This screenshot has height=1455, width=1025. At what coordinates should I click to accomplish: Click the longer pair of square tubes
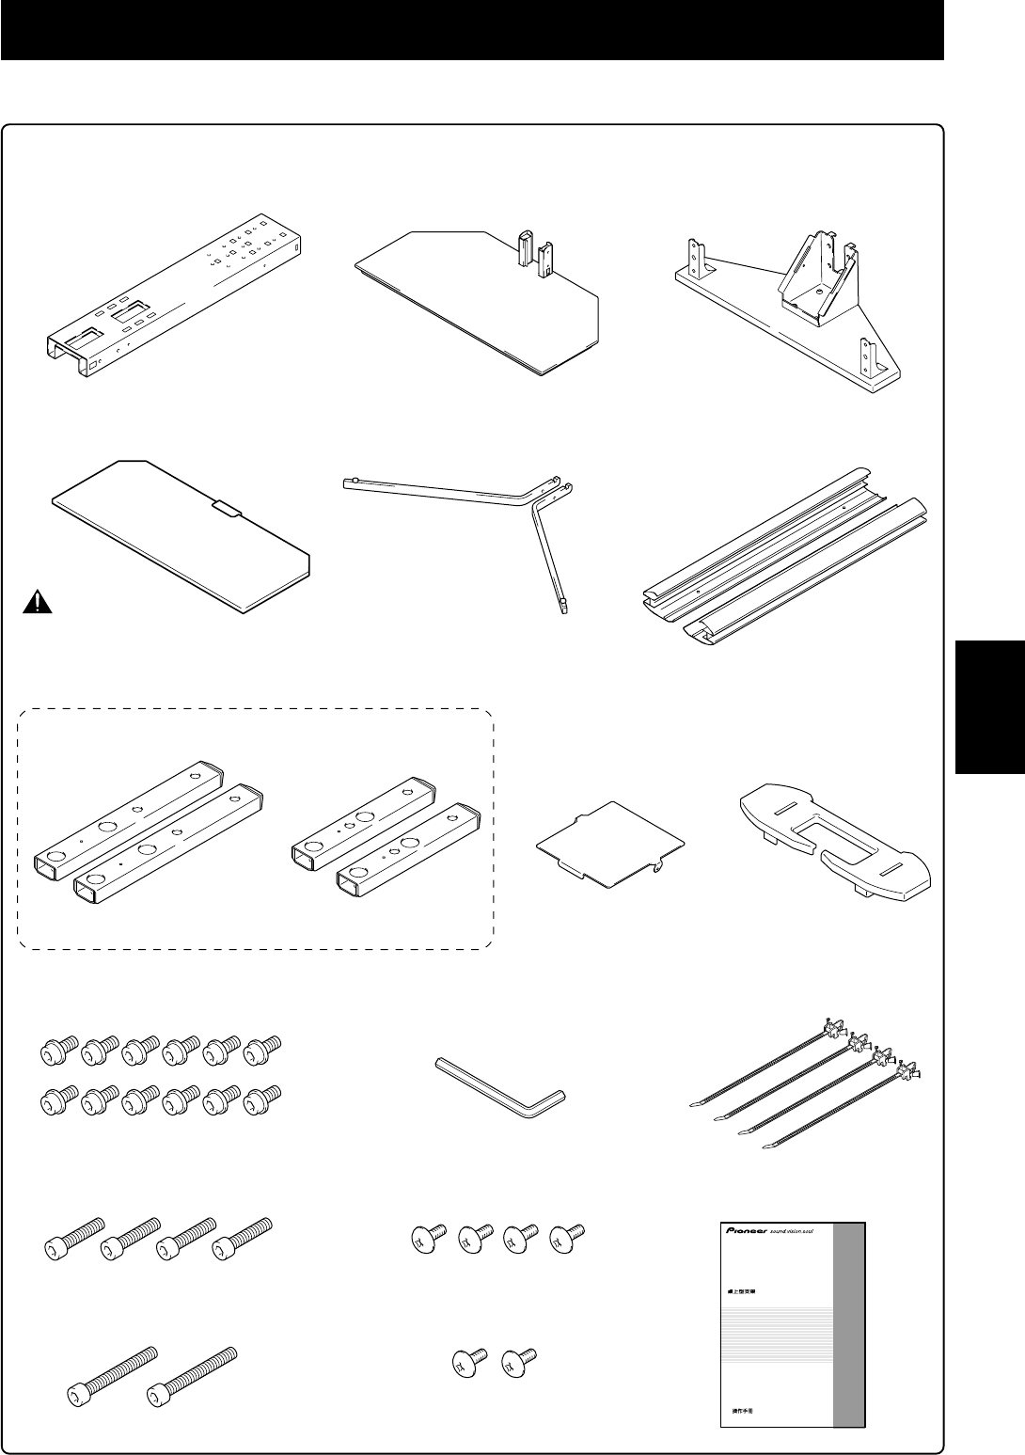pos(146,823)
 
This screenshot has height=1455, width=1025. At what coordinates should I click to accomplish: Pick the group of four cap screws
pos(160,1240)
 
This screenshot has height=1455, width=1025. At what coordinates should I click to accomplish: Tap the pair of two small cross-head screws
pos(488,1360)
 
